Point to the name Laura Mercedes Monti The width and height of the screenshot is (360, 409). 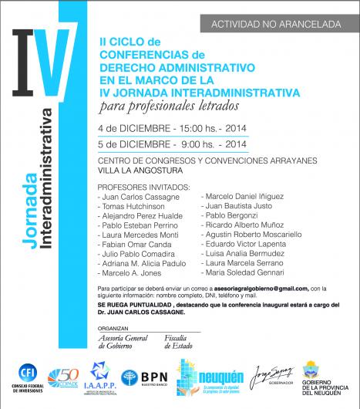(x=140, y=235)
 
